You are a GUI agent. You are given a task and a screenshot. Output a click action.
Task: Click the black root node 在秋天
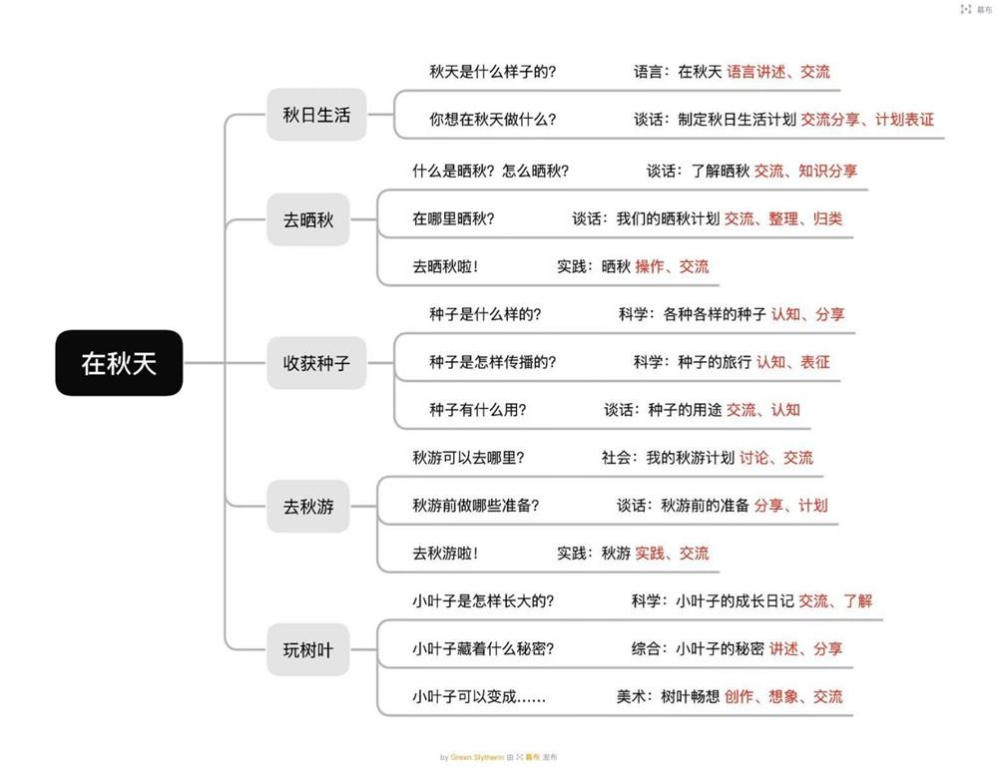[119, 363]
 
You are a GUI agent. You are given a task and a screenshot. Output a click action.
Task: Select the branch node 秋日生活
[316, 115]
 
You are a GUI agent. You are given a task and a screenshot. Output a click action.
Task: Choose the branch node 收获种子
[316, 363]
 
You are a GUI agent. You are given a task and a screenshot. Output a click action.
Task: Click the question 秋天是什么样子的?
[493, 72]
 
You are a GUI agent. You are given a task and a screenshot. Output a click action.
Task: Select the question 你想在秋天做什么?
[493, 120]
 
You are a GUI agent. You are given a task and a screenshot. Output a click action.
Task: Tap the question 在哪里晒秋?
[453, 218]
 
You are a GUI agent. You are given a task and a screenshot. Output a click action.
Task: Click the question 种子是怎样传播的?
[493, 362]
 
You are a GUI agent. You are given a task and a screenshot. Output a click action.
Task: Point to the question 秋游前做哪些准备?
[475, 506]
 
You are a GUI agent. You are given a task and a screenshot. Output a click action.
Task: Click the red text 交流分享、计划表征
[867, 120]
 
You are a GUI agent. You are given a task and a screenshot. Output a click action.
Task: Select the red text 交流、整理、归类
[783, 218]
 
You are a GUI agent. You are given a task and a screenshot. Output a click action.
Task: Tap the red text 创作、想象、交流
[783, 697]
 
